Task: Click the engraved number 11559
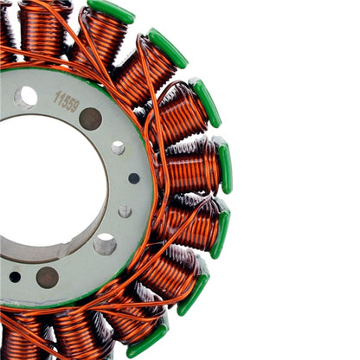(x=67, y=101)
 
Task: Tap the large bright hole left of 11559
(x=25, y=96)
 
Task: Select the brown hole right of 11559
(x=90, y=119)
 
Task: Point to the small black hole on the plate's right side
(x=134, y=178)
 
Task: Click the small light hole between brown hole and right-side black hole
(x=118, y=148)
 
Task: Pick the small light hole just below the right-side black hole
(x=125, y=210)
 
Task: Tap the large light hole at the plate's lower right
(x=105, y=245)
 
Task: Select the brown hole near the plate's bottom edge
(x=48, y=277)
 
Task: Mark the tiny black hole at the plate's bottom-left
(x=15, y=277)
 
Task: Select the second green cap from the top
(x=167, y=48)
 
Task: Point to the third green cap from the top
(x=206, y=102)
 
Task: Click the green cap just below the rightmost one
(x=221, y=229)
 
